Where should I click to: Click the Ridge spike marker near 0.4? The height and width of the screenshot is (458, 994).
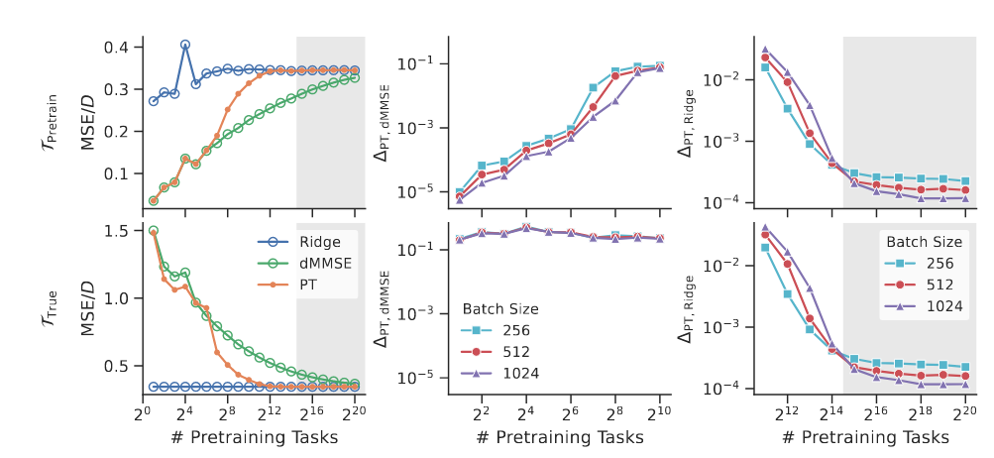185,45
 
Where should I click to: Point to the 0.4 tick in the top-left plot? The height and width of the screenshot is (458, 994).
118,48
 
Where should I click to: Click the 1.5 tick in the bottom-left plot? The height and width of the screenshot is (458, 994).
118,231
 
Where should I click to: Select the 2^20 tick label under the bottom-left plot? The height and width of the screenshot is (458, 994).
354,411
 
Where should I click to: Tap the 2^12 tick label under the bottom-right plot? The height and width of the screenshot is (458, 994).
786,411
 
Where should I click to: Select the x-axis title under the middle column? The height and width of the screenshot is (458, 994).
554,437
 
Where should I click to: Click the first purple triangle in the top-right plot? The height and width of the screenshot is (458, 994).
765,49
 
